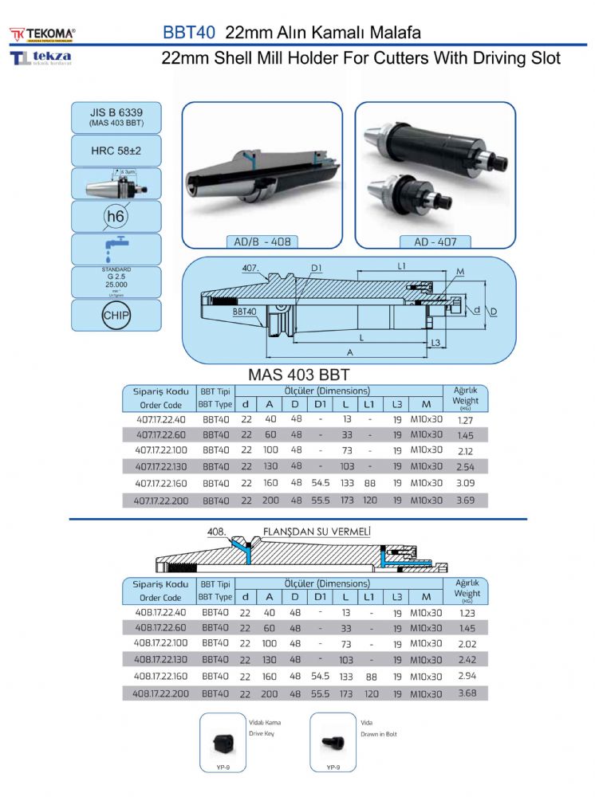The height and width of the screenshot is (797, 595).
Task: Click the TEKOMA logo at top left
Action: click(x=43, y=33)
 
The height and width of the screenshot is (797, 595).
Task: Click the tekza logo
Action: click(x=41, y=58)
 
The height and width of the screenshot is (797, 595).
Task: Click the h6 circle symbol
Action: click(x=116, y=216)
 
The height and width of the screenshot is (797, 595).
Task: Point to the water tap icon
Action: click(x=116, y=249)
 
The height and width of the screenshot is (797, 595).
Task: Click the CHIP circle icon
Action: click(x=116, y=315)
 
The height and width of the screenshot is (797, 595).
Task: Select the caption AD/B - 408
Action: click(x=262, y=241)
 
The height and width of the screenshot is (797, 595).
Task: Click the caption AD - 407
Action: click(x=435, y=241)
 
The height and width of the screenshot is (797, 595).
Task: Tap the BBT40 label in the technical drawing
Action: click(x=244, y=312)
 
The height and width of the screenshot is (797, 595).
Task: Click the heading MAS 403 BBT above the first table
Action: click(x=300, y=375)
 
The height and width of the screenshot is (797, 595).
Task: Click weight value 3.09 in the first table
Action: click(x=465, y=484)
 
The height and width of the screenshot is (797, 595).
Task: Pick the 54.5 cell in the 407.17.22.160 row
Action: click(x=320, y=484)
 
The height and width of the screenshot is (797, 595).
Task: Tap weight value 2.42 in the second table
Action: click(x=467, y=660)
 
